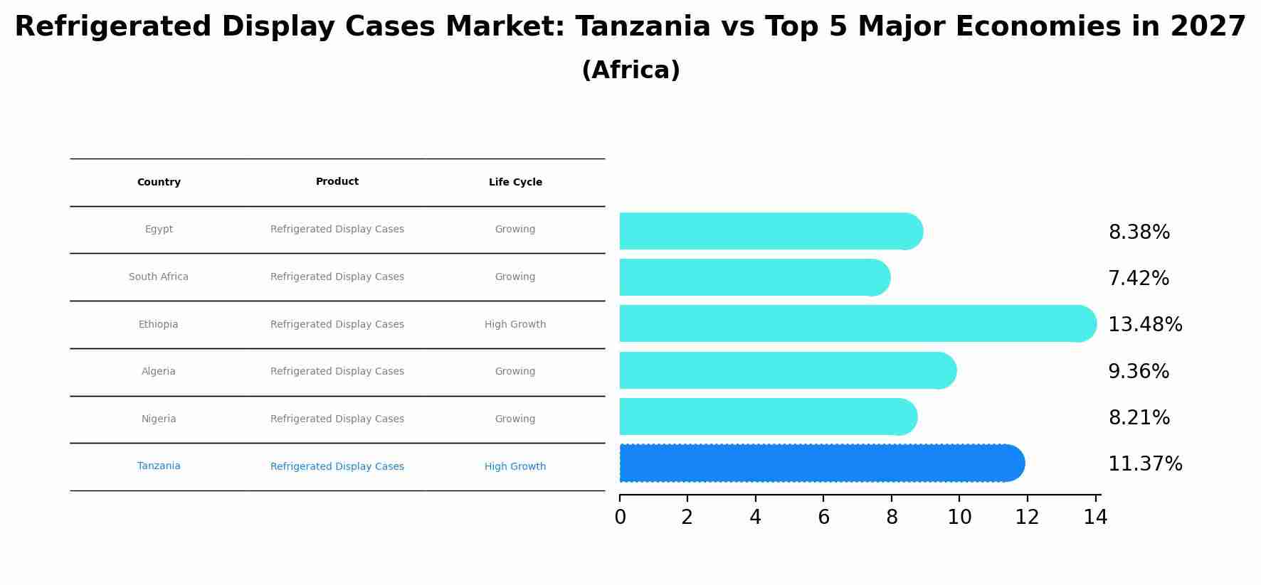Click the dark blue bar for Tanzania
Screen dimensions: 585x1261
[818, 463]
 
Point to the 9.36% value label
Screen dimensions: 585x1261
[1138, 372]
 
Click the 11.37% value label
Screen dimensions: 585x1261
[1144, 464]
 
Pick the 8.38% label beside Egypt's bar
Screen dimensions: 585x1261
[1139, 232]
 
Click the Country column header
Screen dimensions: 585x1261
[159, 183]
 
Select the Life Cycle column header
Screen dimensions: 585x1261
[515, 183]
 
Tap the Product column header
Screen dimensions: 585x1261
[337, 182]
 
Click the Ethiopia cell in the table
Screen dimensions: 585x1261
[159, 325]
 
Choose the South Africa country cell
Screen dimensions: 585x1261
[159, 277]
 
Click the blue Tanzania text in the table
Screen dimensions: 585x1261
[159, 466]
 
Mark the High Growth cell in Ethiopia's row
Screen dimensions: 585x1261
[515, 325]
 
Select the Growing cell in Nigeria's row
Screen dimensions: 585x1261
[515, 419]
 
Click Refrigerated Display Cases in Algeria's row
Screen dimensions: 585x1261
[337, 372]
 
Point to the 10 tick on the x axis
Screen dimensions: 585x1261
[959, 517]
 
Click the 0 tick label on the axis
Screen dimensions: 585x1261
[620, 517]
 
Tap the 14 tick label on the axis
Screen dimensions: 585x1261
[1095, 517]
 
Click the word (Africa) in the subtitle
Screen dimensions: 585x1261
[630, 70]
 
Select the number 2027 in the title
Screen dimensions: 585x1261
[1208, 27]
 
